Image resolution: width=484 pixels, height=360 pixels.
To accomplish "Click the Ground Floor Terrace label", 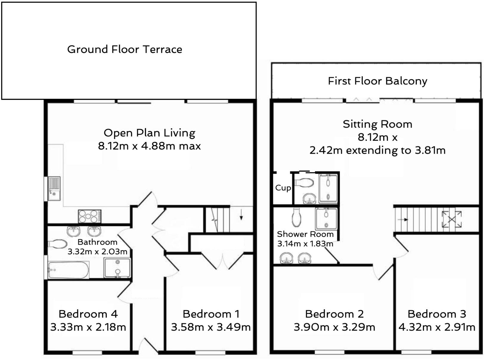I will [125, 49].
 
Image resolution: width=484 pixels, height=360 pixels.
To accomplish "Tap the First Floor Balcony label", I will [377, 81].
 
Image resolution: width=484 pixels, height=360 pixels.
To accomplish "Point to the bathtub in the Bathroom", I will [69, 270].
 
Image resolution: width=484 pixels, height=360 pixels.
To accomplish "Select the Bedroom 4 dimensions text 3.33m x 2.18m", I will [88, 327].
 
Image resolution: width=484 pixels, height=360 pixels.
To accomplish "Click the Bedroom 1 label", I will [211, 314].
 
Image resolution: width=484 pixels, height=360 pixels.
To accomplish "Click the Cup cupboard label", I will [283, 188].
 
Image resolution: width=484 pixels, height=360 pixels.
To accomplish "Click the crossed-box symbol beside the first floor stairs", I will [452, 219].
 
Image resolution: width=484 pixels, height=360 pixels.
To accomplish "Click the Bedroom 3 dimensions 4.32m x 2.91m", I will [437, 327].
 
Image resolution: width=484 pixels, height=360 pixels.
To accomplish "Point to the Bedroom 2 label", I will [334, 314].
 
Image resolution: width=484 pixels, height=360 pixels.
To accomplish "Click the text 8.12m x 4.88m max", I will [149, 146].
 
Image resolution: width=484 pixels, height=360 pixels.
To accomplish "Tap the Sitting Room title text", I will [377, 124].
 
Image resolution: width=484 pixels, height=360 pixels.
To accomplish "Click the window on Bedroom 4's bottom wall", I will [87, 353].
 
